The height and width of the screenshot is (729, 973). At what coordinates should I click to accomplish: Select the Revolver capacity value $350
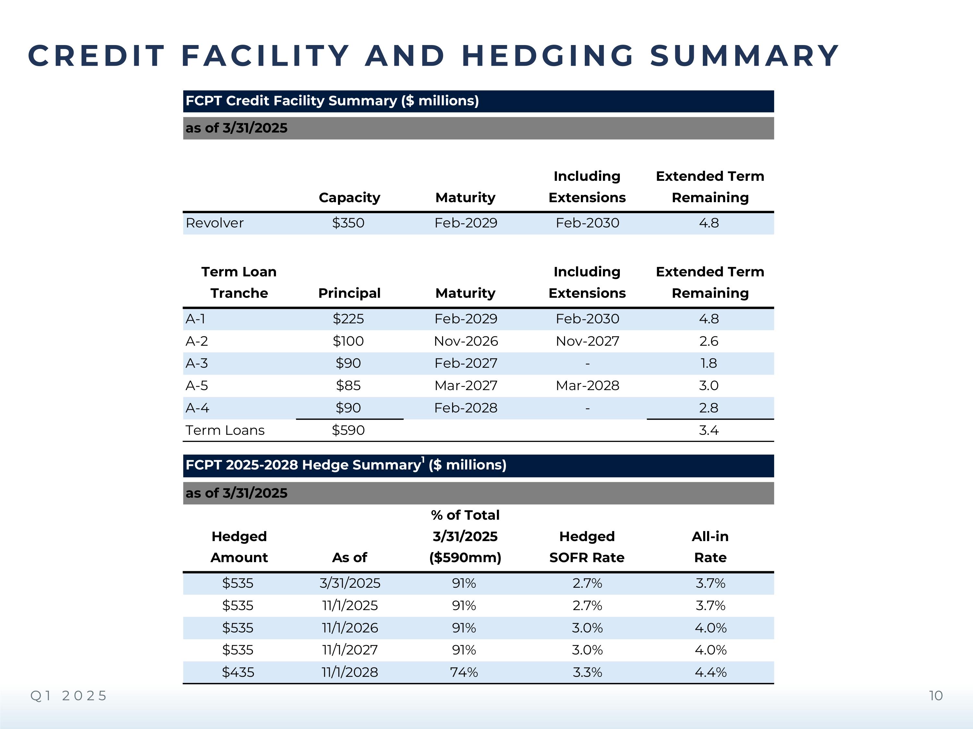coord(348,223)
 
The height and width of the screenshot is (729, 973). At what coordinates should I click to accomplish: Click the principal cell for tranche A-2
coord(348,341)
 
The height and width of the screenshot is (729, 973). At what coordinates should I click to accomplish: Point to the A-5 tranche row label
coord(197,385)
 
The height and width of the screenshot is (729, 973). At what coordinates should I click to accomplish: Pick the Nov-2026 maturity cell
coord(466,341)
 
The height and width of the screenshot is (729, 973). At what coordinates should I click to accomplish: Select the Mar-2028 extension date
coord(587,385)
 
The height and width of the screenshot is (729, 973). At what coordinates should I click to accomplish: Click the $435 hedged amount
coord(238,672)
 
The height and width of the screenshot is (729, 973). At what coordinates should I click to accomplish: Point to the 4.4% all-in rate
coord(710,672)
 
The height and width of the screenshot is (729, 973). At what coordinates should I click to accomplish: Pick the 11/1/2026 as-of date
coord(350,628)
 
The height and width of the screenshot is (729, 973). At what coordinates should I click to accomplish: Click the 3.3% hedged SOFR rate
coord(587,672)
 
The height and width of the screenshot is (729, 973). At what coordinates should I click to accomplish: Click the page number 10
coord(936,696)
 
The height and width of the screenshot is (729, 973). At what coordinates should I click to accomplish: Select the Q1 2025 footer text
coord(69,696)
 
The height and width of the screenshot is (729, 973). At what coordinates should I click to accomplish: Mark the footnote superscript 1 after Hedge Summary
coord(423,460)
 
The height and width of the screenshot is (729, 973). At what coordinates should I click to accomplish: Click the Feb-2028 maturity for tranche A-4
coord(466,408)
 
